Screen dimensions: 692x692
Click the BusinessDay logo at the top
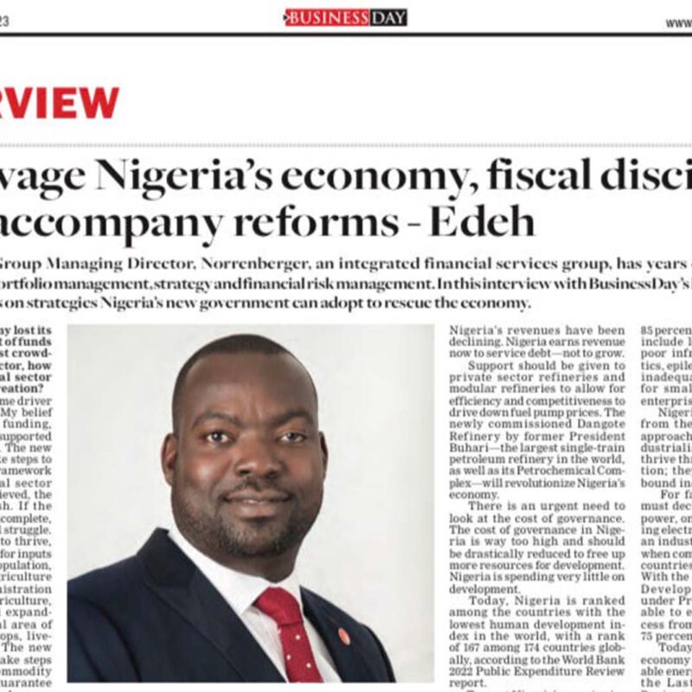click(345, 17)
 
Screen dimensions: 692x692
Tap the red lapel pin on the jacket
click(343, 636)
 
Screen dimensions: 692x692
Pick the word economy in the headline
click(362, 176)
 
